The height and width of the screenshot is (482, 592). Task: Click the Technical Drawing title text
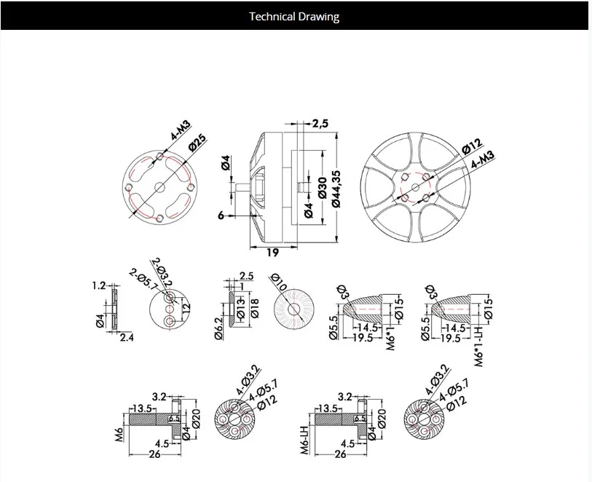coord(294,16)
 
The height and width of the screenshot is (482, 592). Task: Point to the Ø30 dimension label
coord(321,186)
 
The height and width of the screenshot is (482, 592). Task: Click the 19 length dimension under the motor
coord(271,252)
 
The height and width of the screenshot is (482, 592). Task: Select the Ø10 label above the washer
coord(277,283)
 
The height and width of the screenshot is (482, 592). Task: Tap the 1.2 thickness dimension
coord(99,286)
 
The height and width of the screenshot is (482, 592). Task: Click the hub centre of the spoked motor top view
coord(415,186)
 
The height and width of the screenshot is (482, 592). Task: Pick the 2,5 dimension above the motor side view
coord(320,124)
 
